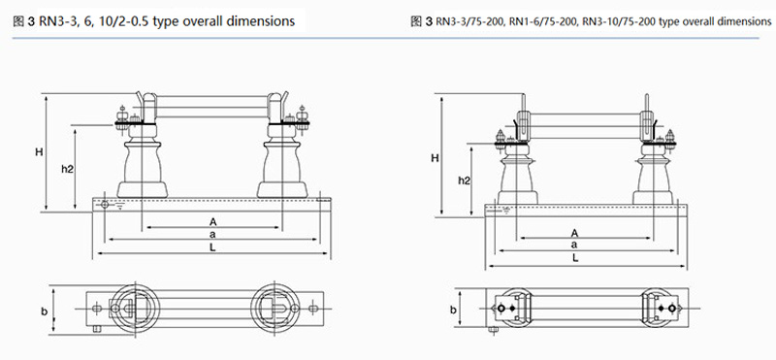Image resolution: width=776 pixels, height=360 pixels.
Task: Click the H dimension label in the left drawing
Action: tap(39, 152)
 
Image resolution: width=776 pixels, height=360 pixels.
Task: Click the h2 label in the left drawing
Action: tap(67, 169)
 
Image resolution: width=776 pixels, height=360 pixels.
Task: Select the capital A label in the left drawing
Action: tap(212, 221)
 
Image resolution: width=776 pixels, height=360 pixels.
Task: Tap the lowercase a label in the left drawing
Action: tap(212, 234)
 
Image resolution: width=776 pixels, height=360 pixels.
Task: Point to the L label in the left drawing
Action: tap(212, 247)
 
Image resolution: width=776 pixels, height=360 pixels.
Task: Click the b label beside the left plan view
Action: tap(44, 311)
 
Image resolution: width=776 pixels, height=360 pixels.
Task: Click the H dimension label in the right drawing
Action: tap(435, 158)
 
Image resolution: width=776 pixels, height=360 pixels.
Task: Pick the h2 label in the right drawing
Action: tap(464, 180)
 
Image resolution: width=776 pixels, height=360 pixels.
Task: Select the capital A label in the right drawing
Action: tap(574, 233)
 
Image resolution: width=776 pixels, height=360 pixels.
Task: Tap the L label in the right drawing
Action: tap(575, 257)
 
